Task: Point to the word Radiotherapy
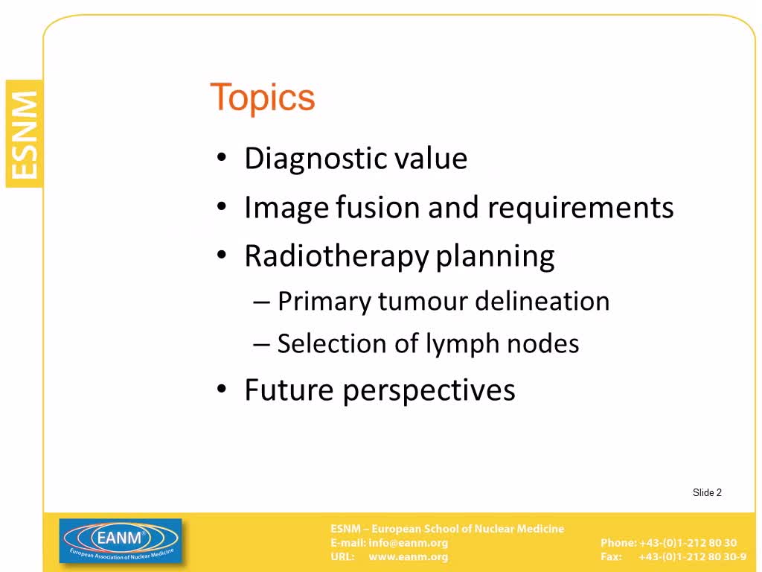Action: (x=337, y=257)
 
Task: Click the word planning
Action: (x=495, y=257)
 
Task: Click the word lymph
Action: (x=462, y=344)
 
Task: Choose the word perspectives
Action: (x=429, y=391)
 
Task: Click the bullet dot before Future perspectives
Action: (x=222, y=389)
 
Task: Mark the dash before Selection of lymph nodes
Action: (x=261, y=344)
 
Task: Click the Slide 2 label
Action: (x=707, y=492)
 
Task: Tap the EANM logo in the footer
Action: (x=121, y=541)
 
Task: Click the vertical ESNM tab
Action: (x=24, y=134)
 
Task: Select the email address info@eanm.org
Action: (x=408, y=542)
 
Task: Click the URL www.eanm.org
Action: (x=408, y=556)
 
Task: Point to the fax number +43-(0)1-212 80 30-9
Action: (x=692, y=556)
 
